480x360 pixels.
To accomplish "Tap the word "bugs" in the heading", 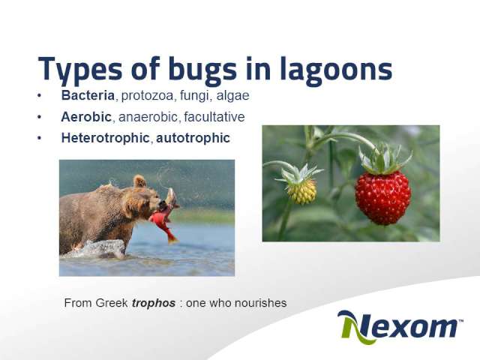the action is click(x=202, y=70).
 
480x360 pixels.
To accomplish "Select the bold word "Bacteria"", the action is click(x=88, y=95).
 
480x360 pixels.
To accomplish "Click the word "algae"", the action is click(x=232, y=96).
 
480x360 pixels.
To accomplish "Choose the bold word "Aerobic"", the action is click(x=86, y=117).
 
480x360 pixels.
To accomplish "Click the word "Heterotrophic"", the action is click(x=105, y=138).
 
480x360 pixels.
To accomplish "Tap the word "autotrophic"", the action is click(x=193, y=138).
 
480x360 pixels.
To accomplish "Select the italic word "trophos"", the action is click(x=154, y=303).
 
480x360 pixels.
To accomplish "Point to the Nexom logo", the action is click(x=400, y=327).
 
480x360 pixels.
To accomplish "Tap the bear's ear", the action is click(x=139, y=181).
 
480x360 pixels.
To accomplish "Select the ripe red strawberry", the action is click(x=382, y=197).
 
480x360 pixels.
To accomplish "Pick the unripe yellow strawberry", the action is click(x=301, y=191).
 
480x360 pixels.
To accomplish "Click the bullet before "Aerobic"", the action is click(x=39, y=117).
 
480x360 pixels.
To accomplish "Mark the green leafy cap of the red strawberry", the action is click(x=384, y=159).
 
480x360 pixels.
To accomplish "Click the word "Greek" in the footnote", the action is click(x=112, y=303).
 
